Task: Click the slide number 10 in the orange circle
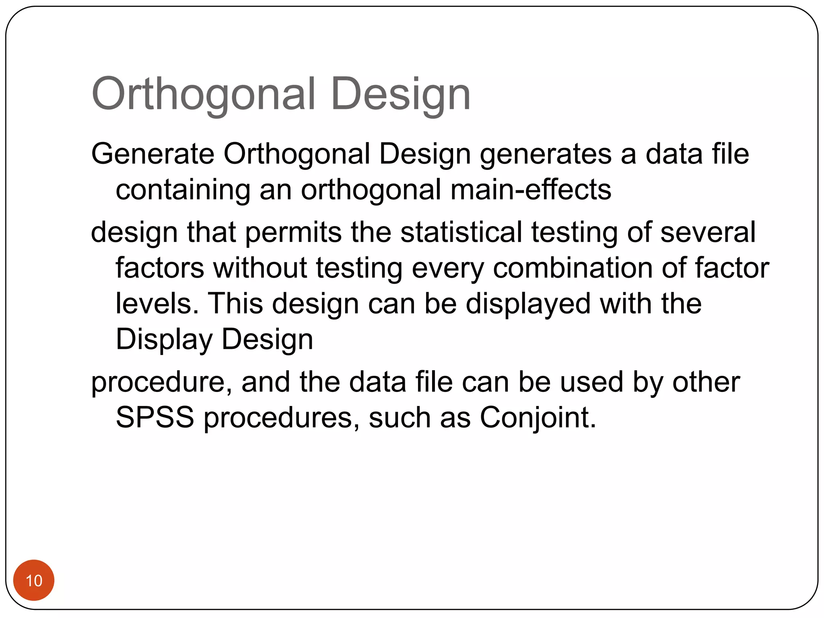tap(34, 581)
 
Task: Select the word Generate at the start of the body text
tap(152, 154)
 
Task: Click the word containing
tap(183, 190)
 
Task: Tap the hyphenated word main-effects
tap(531, 190)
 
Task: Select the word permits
tap(293, 232)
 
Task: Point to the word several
tap(708, 232)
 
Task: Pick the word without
tap(260, 268)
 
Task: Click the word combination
tap(573, 268)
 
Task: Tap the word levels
tap(157, 303)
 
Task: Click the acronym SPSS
tap(155, 417)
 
